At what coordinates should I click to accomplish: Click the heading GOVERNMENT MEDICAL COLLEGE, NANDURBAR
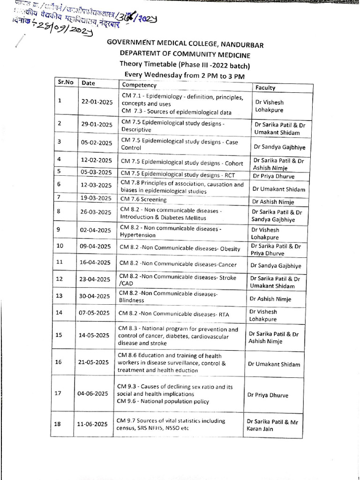point(185,45)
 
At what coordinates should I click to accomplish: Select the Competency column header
point(139,85)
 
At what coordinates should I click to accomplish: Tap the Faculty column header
point(265,88)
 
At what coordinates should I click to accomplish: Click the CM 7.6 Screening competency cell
point(143,199)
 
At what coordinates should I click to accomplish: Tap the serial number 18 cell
point(58,424)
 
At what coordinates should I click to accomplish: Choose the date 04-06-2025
point(93,393)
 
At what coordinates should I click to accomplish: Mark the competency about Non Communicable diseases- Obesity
point(180,248)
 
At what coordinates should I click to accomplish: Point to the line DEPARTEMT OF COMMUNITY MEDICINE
point(185,54)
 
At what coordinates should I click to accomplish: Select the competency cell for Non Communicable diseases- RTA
point(174,314)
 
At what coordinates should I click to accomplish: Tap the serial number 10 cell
point(60,246)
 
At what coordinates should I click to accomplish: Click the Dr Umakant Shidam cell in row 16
point(274,364)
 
